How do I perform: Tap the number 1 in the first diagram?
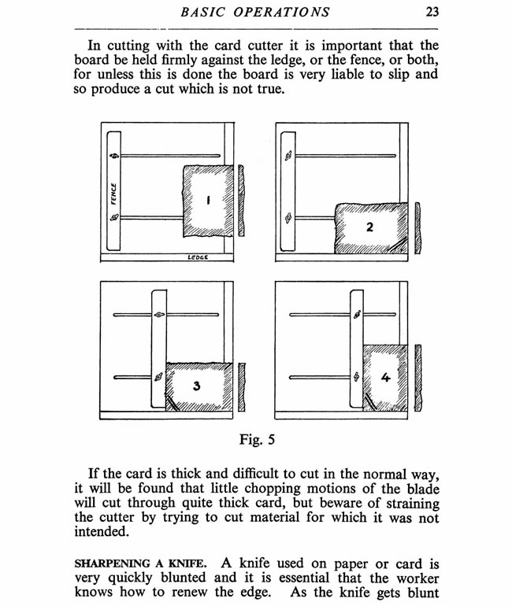207,201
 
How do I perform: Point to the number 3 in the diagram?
196,386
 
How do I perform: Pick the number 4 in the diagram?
385,378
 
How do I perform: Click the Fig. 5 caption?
256,439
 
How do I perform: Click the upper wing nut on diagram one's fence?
114,156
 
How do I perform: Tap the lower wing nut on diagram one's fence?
114,216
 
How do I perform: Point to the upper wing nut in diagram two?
289,157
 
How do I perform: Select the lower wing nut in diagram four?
357,376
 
